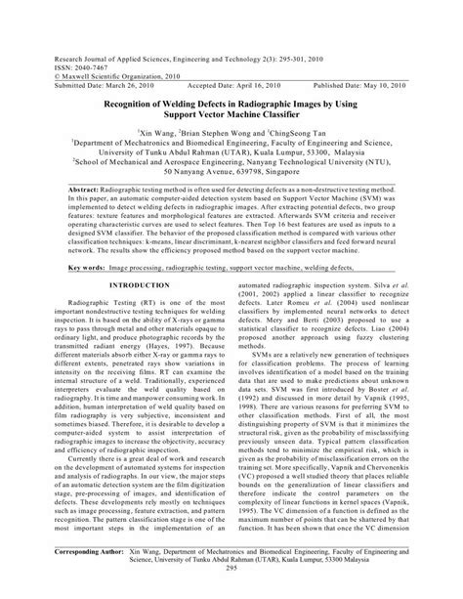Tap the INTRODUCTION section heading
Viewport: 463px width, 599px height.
pos(140,285)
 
